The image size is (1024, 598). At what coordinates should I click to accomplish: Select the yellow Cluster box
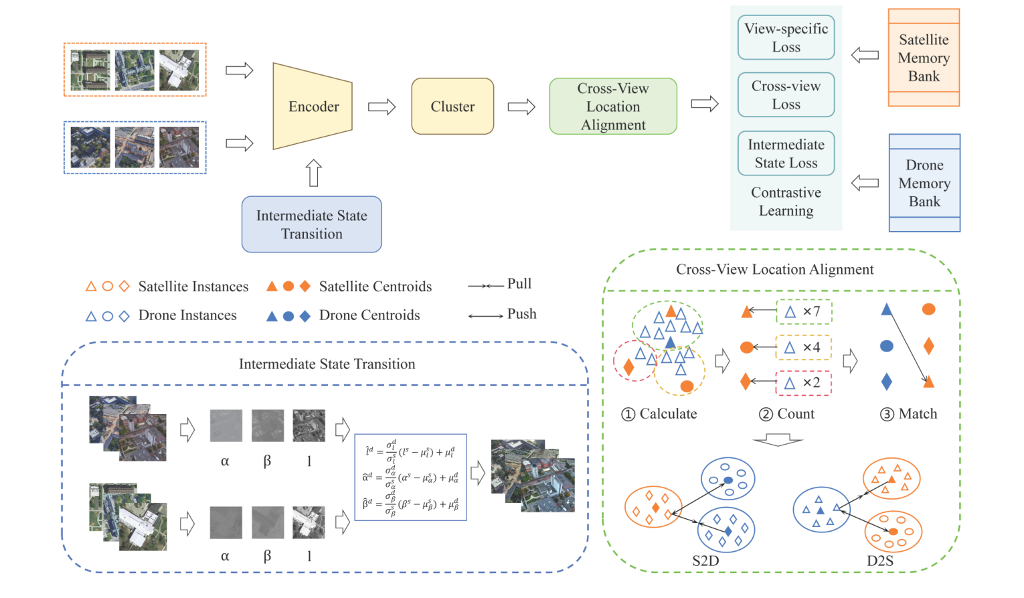point(452,106)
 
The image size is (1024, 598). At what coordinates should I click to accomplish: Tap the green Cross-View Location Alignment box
point(613,106)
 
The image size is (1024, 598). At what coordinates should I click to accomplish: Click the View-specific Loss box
point(786,38)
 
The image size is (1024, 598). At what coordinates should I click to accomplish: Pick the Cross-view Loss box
point(786,95)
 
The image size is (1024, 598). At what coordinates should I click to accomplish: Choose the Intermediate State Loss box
point(786,153)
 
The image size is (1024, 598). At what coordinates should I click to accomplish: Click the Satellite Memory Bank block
point(924,58)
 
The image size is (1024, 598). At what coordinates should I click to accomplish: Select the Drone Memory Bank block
point(924,183)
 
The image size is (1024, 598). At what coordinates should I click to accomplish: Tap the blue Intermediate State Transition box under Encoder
point(312,224)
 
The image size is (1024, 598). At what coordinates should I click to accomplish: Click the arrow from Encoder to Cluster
point(381,106)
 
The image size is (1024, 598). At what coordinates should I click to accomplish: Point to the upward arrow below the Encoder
point(313,173)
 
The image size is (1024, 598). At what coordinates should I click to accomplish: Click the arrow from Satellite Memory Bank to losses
point(865,56)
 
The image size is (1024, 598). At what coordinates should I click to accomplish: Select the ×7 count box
point(804,311)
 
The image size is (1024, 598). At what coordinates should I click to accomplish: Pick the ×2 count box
point(804,383)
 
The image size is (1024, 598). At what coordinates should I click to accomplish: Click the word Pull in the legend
point(519,284)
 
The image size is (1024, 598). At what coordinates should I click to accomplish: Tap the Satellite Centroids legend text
point(375,287)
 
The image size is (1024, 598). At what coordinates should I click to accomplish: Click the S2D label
point(705,561)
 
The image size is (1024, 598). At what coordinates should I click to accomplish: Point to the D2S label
point(880,561)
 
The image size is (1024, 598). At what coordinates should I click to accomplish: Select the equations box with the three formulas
point(410,477)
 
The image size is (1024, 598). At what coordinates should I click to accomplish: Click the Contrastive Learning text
point(786,202)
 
